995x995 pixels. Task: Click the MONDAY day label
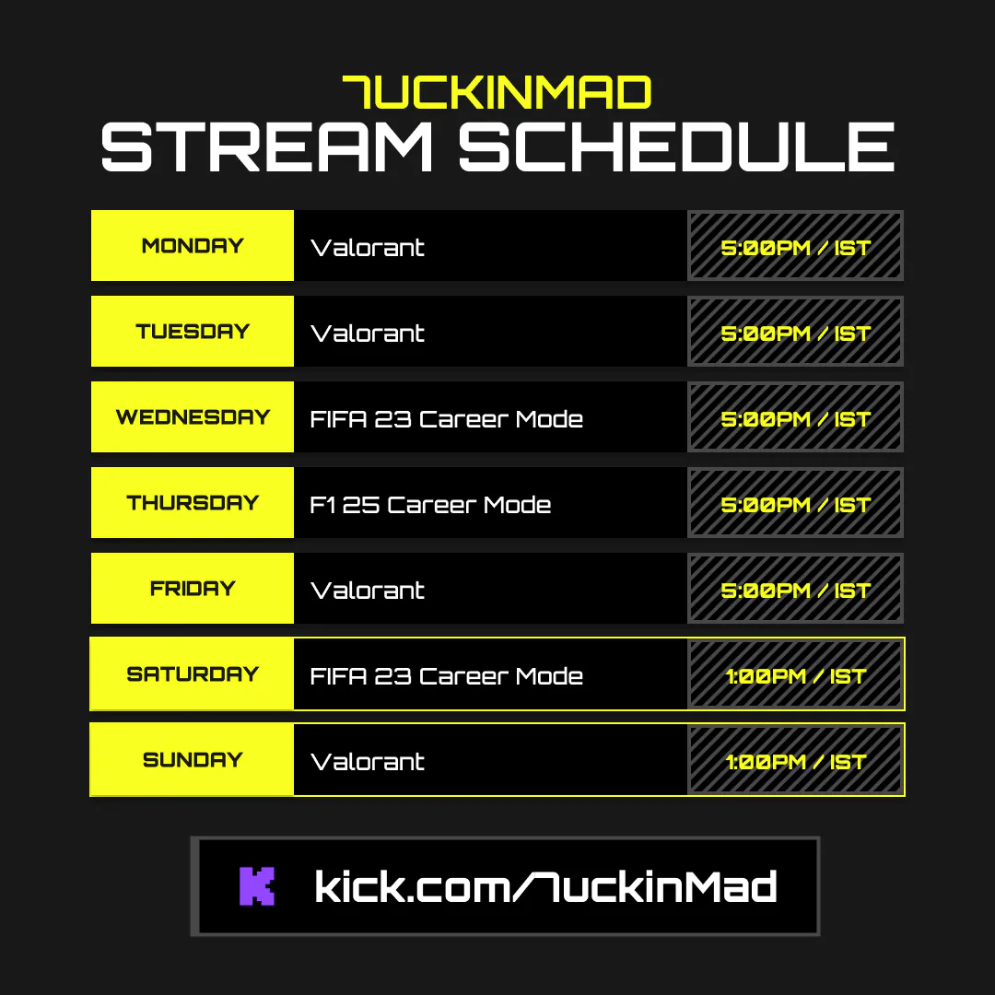click(193, 246)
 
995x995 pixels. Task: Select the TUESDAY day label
click(193, 332)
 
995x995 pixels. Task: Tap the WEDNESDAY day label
click(193, 417)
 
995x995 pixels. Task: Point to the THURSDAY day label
click(193, 503)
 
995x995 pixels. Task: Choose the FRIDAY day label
click(193, 588)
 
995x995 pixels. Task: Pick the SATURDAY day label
click(193, 673)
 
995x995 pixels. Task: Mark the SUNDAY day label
click(193, 759)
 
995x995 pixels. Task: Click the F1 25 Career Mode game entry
click(430, 505)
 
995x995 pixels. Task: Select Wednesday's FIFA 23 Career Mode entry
click(446, 419)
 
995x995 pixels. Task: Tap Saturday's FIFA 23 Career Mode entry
click(446, 676)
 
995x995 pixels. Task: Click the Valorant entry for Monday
click(368, 248)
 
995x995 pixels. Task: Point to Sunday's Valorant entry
click(368, 762)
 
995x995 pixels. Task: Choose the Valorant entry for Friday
click(368, 591)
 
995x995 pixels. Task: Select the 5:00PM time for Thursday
click(766, 505)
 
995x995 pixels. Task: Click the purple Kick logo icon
click(257, 886)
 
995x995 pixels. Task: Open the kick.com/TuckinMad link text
click(545, 886)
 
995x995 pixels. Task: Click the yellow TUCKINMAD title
click(497, 92)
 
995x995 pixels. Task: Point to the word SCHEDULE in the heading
click(676, 146)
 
